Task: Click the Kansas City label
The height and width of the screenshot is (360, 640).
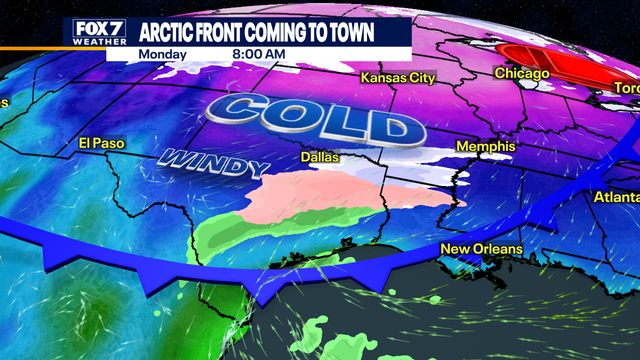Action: [398, 77]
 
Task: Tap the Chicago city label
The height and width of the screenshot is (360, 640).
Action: [522, 74]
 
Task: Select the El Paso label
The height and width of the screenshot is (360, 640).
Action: [101, 144]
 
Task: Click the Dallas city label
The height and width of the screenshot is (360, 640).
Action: [320, 157]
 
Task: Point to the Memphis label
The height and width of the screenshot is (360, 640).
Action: [485, 146]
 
